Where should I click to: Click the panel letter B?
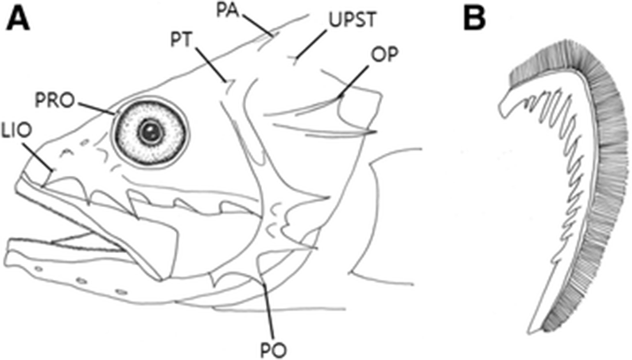475,20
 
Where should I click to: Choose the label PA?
245,8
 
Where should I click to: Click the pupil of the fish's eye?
151,131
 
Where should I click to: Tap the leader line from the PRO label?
97,107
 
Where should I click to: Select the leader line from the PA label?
261,26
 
